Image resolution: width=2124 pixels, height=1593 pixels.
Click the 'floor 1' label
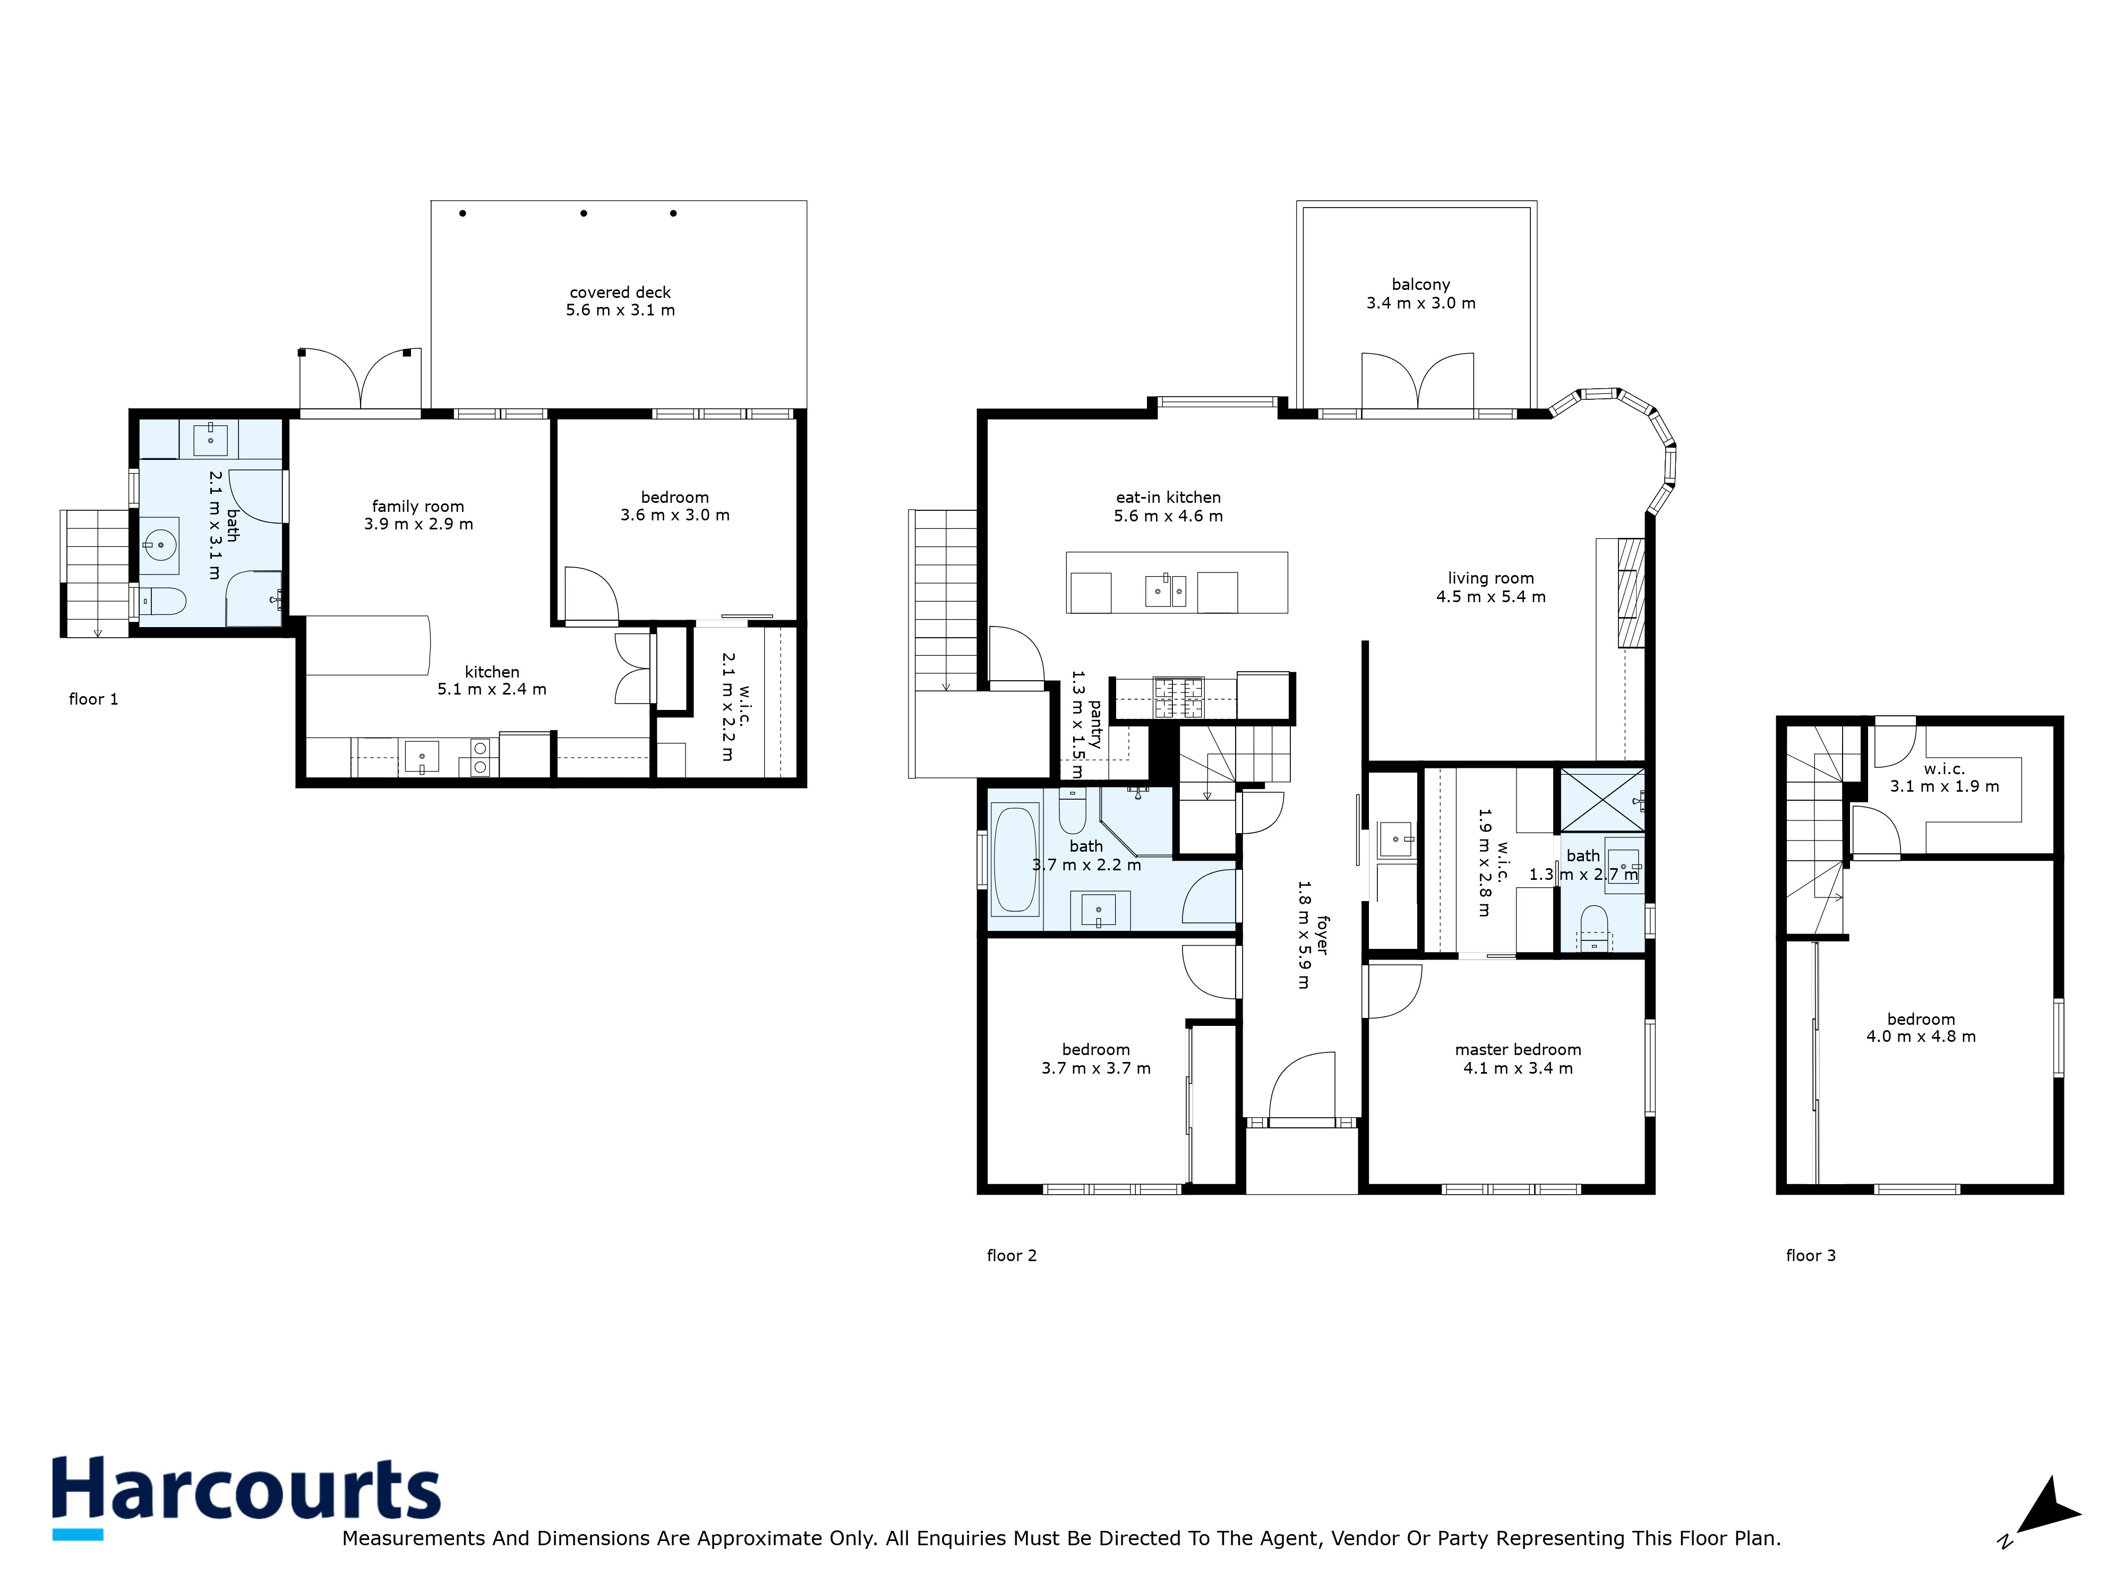(x=93, y=699)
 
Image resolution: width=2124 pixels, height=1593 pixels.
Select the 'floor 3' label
(x=1810, y=1255)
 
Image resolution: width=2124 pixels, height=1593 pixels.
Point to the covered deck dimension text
(x=620, y=310)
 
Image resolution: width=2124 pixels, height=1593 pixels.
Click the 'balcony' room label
(x=1420, y=284)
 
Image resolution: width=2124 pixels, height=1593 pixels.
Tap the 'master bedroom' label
(x=1517, y=1049)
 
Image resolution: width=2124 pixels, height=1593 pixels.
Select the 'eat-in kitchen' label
(x=1168, y=498)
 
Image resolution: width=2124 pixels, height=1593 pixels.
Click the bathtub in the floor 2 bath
(x=1015, y=859)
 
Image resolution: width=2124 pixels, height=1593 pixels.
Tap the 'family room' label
(x=418, y=506)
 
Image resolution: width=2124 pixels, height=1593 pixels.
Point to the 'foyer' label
(x=1322, y=934)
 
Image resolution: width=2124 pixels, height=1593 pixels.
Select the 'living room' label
(x=1491, y=578)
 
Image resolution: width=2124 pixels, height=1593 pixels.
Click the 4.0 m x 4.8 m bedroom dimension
(x=1921, y=1036)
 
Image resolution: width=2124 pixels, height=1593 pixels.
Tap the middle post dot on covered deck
(x=584, y=213)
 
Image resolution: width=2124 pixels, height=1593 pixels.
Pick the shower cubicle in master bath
(x=1600, y=799)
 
